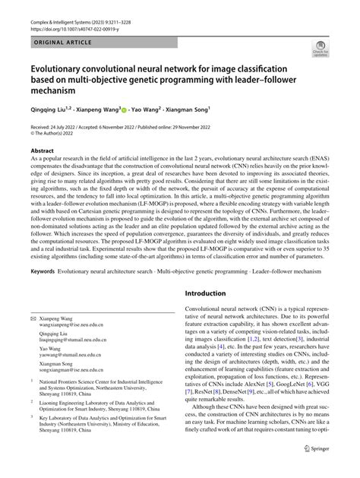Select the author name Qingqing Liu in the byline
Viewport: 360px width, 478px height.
click(47, 109)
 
